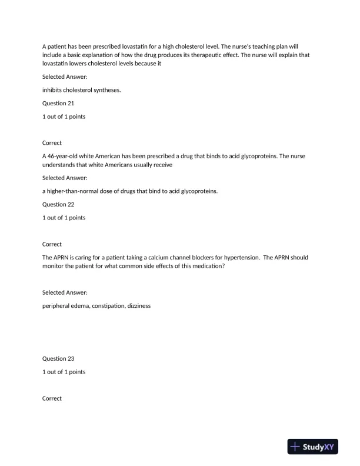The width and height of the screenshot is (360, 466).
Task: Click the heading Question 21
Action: point(58,103)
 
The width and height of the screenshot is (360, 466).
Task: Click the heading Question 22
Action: point(58,204)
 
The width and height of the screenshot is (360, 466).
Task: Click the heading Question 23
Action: point(58,358)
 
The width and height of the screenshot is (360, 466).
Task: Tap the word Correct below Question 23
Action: point(52,398)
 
